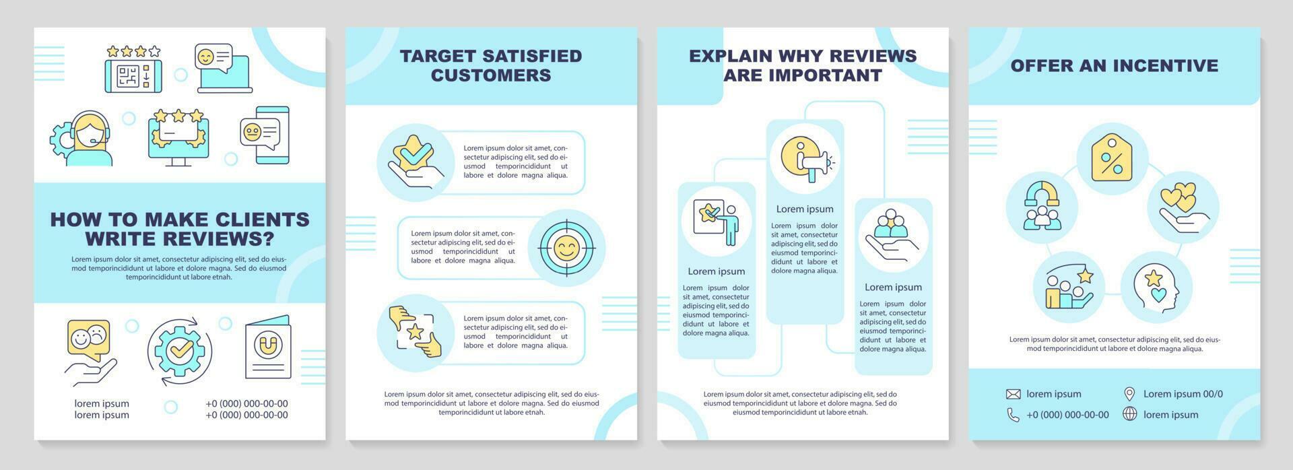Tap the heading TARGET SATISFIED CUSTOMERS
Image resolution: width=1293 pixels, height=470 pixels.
[x=491, y=65]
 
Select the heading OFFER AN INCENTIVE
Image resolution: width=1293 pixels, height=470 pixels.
[x=1114, y=65]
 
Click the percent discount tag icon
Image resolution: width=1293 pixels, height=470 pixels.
[x=1111, y=158]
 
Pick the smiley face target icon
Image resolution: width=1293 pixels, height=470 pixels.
[x=566, y=248]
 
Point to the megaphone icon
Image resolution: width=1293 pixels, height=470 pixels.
[x=805, y=159]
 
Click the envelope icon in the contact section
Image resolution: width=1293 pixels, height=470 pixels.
[x=1013, y=394]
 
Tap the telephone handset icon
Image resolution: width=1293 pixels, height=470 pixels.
[x=1013, y=415]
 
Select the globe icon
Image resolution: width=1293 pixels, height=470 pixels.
[x=1129, y=414]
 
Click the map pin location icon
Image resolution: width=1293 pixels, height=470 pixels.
[x=1129, y=394]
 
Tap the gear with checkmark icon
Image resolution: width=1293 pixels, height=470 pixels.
[x=180, y=351]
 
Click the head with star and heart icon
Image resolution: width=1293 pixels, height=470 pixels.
[x=1156, y=286]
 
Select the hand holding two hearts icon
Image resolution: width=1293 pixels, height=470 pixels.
[x=1183, y=207]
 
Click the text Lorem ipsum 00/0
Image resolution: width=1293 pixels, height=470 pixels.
[x=1183, y=394]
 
